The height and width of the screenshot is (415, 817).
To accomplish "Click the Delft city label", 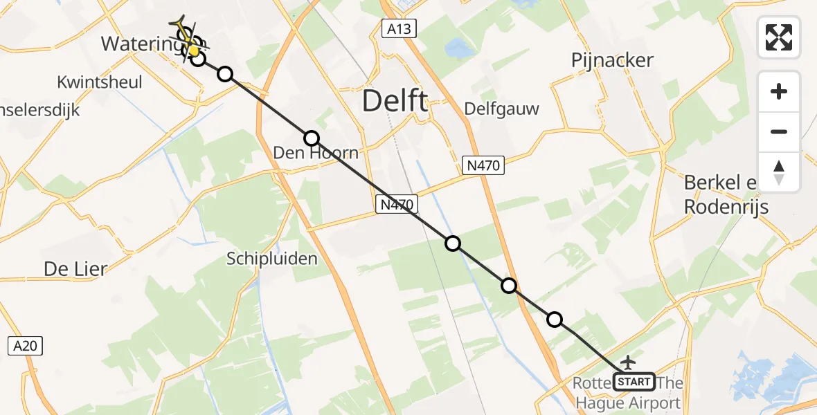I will click(395, 102).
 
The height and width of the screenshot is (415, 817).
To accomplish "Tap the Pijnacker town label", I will click(613, 60).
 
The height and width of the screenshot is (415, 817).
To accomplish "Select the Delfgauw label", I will click(501, 109).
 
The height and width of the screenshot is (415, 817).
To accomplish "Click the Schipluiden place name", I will click(272, 259).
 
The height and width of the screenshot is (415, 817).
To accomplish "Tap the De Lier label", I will click(75, 268).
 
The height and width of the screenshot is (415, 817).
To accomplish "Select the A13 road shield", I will click(398, 28).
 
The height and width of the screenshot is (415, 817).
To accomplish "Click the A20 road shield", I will click(26, 345).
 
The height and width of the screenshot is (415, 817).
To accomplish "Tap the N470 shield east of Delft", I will click(483, 165).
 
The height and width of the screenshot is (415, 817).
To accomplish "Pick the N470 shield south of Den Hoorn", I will click(397, 204).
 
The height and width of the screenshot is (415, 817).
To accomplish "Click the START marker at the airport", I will click(634, 381).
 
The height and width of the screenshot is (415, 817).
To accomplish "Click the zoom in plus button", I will click(779, 91).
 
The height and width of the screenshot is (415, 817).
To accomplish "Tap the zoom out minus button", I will click(779, 131).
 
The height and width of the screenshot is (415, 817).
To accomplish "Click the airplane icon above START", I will click(628, 362).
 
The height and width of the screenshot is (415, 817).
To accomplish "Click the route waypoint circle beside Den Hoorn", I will click(312, 138).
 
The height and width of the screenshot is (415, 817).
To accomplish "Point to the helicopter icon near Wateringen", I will click(186, 35).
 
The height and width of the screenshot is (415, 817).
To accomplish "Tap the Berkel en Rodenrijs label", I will click(726, 194).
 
